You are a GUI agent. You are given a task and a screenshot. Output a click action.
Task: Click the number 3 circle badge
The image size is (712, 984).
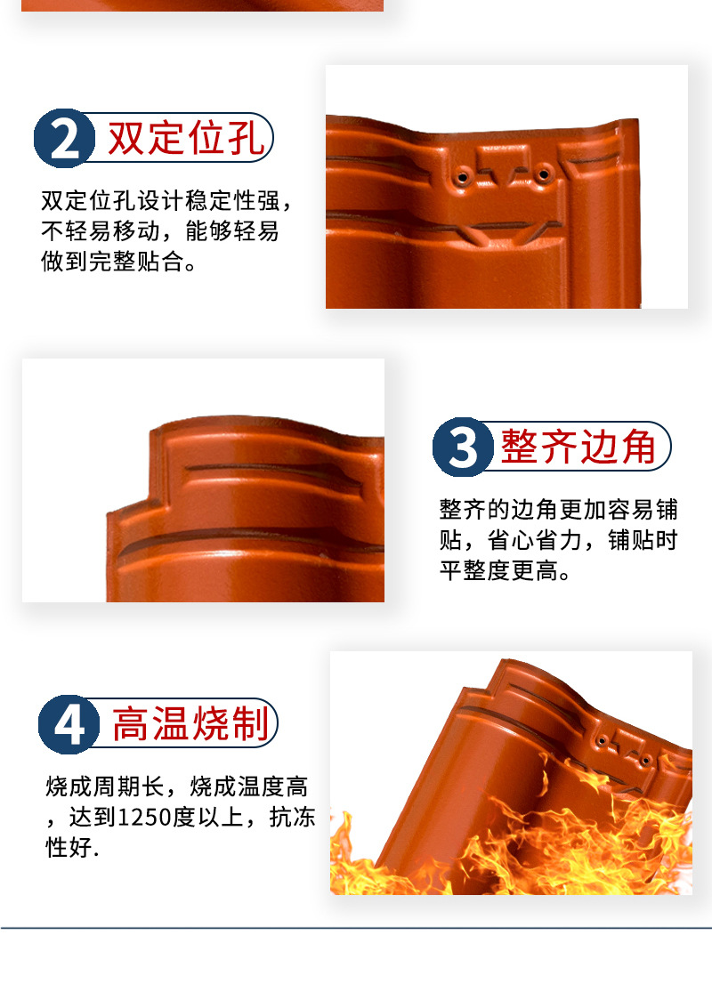[x=463, y=448]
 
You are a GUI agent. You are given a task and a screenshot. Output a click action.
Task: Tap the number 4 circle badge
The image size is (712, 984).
[x=69, y=725]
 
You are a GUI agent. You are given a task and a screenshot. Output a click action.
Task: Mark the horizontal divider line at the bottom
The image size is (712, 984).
[x=356, y=928]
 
